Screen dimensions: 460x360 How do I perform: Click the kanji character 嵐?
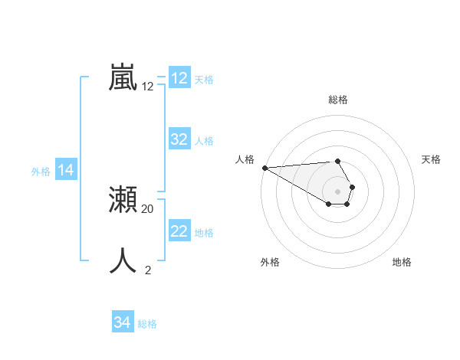point(123,77)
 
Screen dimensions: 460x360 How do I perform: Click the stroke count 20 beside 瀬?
point(148,208)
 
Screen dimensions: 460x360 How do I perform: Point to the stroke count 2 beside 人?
point(148,269)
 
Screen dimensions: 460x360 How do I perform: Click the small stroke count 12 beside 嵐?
point(148,87)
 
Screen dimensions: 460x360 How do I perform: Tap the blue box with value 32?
point(179,139)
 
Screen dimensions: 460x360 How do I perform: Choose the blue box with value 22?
point(179,231)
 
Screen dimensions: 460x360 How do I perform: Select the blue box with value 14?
point(66,170)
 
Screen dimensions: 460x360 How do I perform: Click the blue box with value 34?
point(123,322)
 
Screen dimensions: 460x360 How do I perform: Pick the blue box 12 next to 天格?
point(179,78)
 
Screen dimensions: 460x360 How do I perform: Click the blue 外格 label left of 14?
point(41,172)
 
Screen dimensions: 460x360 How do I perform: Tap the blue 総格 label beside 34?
point(147,324)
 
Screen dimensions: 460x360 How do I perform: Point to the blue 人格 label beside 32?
point(204,141)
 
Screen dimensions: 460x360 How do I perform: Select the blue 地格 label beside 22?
point(204,233)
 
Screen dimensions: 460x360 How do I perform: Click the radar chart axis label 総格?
point(338,100)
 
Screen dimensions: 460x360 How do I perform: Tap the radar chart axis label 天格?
point(431,159)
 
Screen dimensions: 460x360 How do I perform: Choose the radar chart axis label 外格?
point(270,262)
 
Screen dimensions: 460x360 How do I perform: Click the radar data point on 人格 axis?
point(264,168)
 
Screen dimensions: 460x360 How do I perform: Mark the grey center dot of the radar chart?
point(338,191)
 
